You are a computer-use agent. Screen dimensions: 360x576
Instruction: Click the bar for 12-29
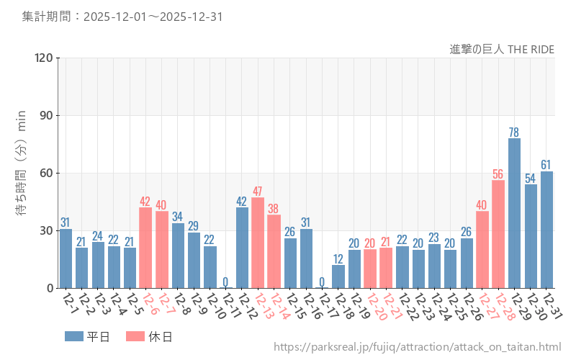[514, 213]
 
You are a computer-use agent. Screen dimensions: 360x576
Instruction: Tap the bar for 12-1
[66, 258]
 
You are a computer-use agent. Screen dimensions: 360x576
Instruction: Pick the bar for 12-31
[546, 230]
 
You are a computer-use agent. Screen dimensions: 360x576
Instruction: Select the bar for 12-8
[178, 256]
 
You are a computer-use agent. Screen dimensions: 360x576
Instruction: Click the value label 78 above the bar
[514, 132]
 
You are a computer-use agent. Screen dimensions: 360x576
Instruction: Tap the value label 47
[258, 192]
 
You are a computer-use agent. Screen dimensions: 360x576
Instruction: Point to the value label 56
[498, 174]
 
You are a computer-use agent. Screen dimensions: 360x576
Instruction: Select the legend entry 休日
[148, 336]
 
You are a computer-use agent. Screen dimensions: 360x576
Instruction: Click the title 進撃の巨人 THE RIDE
[502, 49]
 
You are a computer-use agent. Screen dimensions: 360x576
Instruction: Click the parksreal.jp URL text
[417, 347]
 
